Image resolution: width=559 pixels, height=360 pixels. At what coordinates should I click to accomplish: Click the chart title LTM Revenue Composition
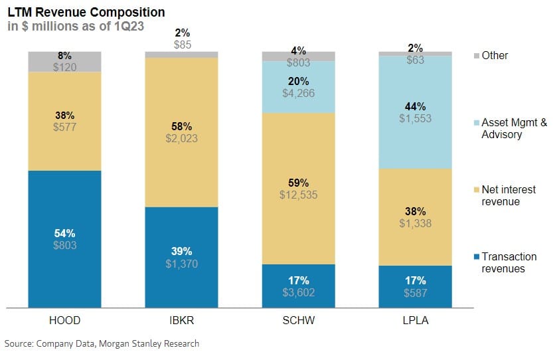pyautogui.click(x=86, y=13)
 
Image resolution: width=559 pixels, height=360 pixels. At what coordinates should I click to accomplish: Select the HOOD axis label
pyautogui.click(x=64, y=320)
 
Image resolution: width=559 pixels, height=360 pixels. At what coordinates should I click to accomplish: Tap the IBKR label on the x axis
pyautogui.click(x=181, y=320)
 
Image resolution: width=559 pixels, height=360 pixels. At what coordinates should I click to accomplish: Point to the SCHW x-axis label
pyautogui.click(x=298, y=320)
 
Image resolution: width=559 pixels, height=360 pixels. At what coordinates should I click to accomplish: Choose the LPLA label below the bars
pyautogui.click(x=415, y=320)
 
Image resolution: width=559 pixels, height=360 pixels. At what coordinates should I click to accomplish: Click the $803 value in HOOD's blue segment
pyautogui.click(x=65, y=245)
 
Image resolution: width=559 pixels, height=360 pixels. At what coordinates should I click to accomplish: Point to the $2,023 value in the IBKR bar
pyautogui.click(x=182, y=139)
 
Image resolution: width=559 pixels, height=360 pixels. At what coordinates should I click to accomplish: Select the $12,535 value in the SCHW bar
pyautogui.click(x=299, y=194)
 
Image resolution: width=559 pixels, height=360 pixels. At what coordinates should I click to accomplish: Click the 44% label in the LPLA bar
pyautogui.click(x=416, y=106)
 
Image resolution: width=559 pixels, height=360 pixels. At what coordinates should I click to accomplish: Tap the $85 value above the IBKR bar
pyautogui.click(x=182, y=45)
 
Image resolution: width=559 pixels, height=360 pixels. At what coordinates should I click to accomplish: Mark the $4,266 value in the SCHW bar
pyautogui.click(x=299, y=93)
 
